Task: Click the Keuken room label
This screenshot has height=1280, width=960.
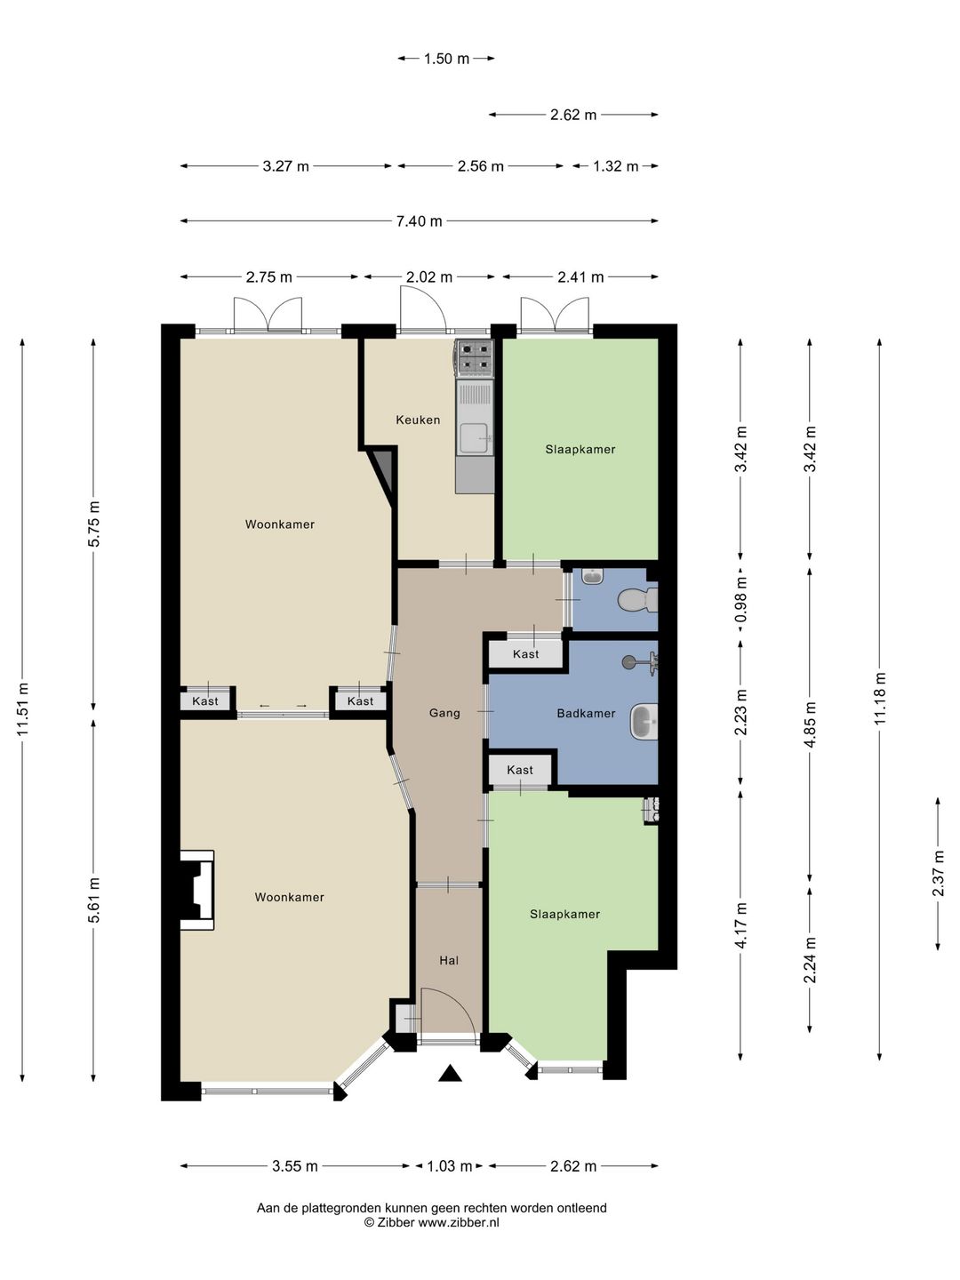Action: pos(418,420)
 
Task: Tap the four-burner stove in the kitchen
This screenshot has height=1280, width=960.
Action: pos(475,356)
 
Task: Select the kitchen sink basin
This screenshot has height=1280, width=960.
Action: pos(475,438)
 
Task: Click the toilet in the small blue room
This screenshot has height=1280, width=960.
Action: pos(638,600)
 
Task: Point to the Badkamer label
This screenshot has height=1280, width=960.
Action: pos(586,713)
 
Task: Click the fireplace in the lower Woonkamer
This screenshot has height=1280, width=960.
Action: pos(197,890)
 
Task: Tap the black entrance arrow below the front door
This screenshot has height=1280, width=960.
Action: pos(450,1073)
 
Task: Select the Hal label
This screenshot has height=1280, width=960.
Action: pos(449,960)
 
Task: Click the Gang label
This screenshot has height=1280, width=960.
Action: pos(444,713)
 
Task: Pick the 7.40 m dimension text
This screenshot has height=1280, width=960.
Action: pos(419,221)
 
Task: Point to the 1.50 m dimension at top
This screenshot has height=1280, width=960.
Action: pos(446,59)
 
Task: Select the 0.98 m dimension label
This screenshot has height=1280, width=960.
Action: pos(740,600)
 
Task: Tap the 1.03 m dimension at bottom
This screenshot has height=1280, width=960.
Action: pos(450,1166)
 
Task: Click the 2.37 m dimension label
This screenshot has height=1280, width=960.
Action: pos(938,874)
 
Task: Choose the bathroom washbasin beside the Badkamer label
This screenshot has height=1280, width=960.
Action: pos(644,722)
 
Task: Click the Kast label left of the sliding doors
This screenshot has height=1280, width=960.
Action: pos(205,701)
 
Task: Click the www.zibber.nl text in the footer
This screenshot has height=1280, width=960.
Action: pos(458,1223)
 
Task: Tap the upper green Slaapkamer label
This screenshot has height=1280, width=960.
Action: pos(580,449)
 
